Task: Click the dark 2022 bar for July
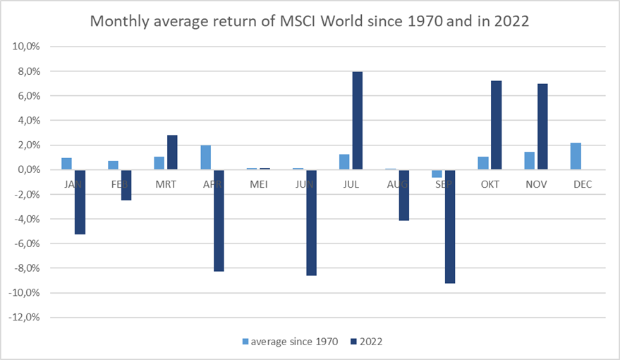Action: tap(358, 121)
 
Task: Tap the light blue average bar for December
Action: tap(575, 156)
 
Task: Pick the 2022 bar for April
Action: tap(219, 220)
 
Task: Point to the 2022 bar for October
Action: tap(497, 125)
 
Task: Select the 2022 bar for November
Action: tap(542, 126)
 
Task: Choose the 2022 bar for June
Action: tap(311, 222)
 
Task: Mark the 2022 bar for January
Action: tap(80, 202)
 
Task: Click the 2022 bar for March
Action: tap(172, 152)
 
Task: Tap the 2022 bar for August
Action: tap(403, 195)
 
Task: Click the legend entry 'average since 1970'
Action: tap(291, 342)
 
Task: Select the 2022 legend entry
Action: tap(370, 342)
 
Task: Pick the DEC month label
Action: tap(582, 185)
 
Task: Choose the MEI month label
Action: tap(258, 185)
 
